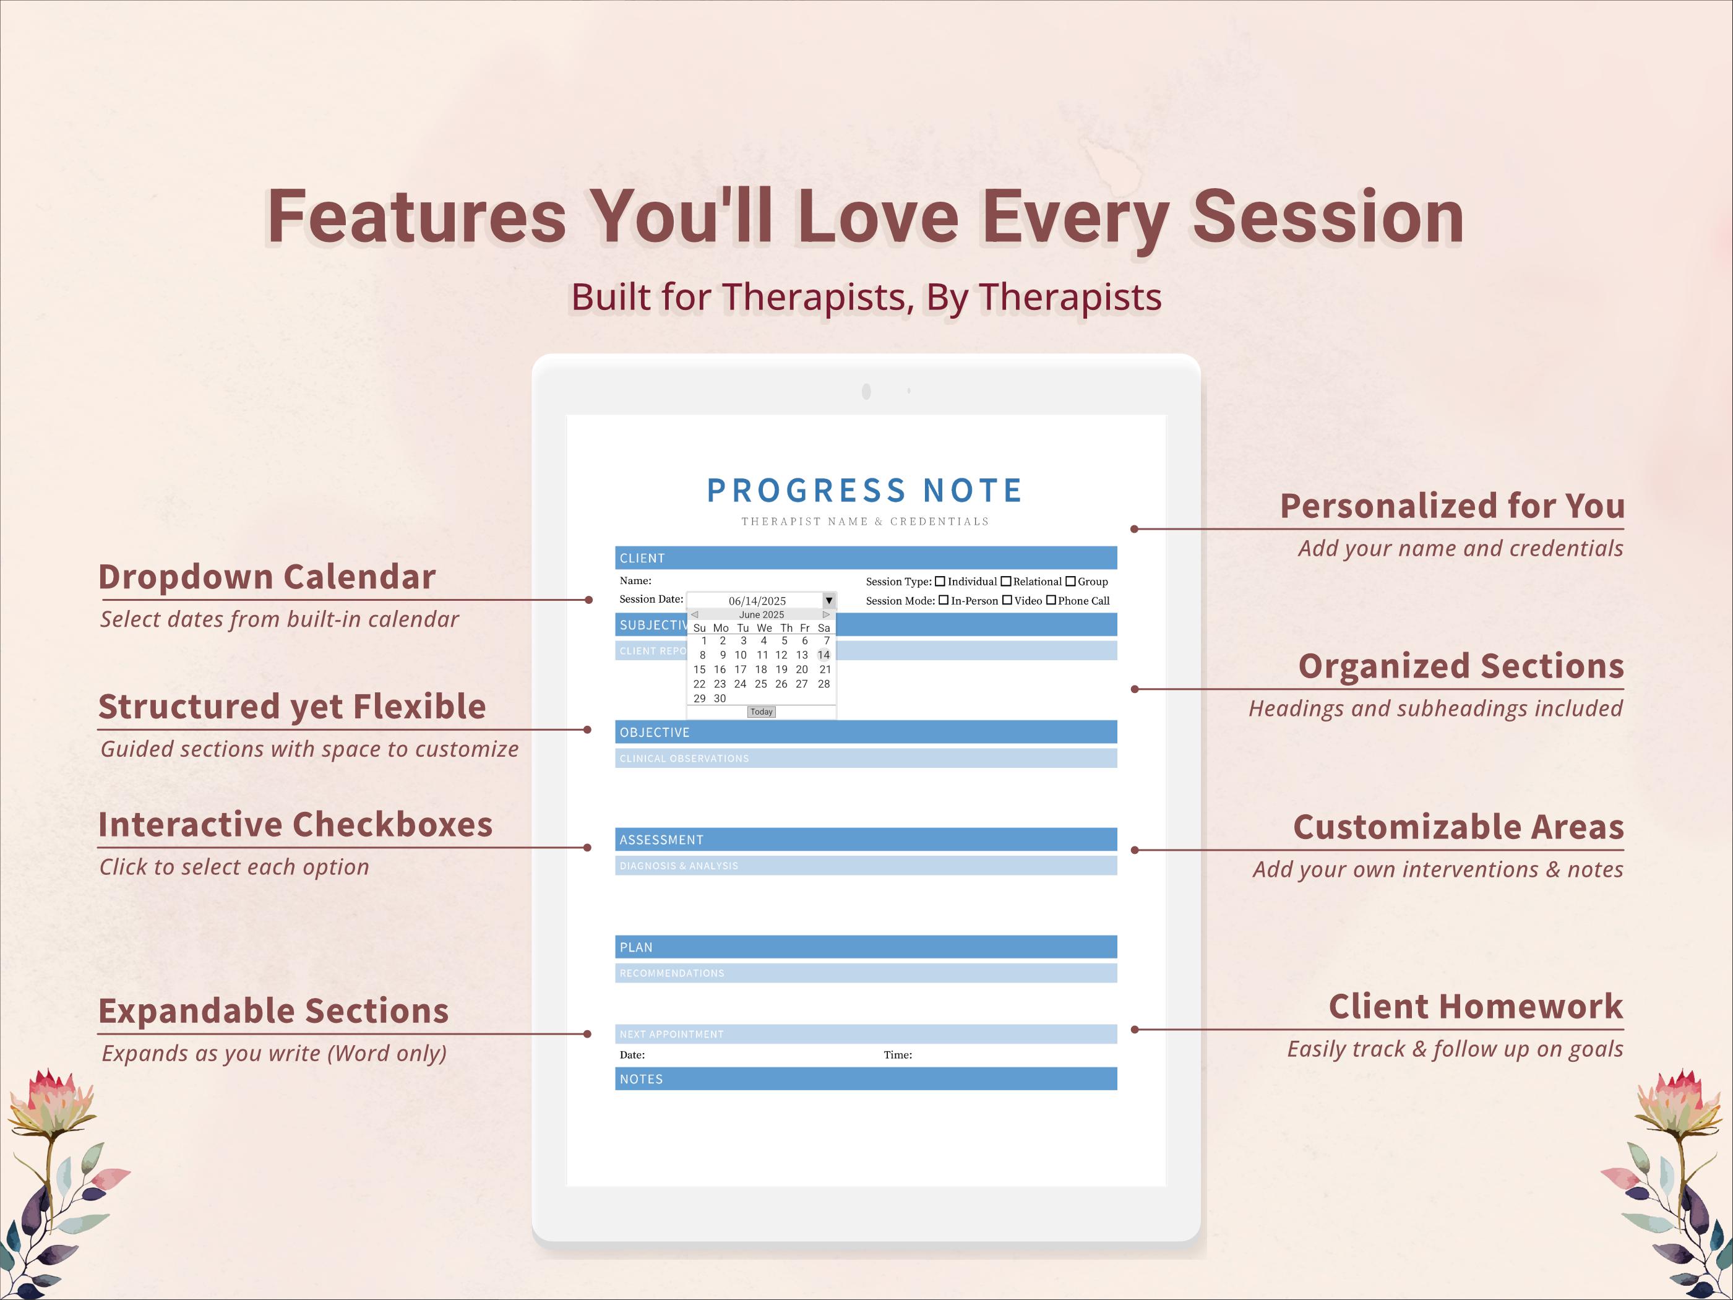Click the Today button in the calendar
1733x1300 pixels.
pyautogui.click(x=761, y=712)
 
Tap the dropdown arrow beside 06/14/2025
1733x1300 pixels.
pyautogui.click(x=828, y=600)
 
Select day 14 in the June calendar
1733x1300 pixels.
pyautogui.click(x=823, y=655)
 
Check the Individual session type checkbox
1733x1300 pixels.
pyautogui.click(x=940, y=582)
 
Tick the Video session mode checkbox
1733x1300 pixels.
pyautogui.click(x=1007, y=600)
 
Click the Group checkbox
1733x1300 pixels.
pyautogui.click(x=1070, y=582)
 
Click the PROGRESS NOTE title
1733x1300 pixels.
pyautogui.click(x=865, y=491)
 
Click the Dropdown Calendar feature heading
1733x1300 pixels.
pyautogui.click(x=267, y=577)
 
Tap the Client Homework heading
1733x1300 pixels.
pyautogui.click(x=1475, y=1007)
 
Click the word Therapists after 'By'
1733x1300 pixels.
pyautogui.click(x=1070, y=297)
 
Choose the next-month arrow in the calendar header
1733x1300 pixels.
pyautogui.click(x=826, y=614)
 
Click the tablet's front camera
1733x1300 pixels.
pyautogui.click(x=866, y=391)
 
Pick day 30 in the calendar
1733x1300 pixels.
pyautogui.click(x=719, y=698)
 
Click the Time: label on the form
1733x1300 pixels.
pyautogui.click(x=898, y=1055)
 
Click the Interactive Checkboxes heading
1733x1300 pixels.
pyautogui.click(x=295, y=824)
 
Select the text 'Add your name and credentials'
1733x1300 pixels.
pyautogui.click(x=1460, y=548)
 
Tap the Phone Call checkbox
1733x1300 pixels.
pyautogui.click(x=1051, y=600)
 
